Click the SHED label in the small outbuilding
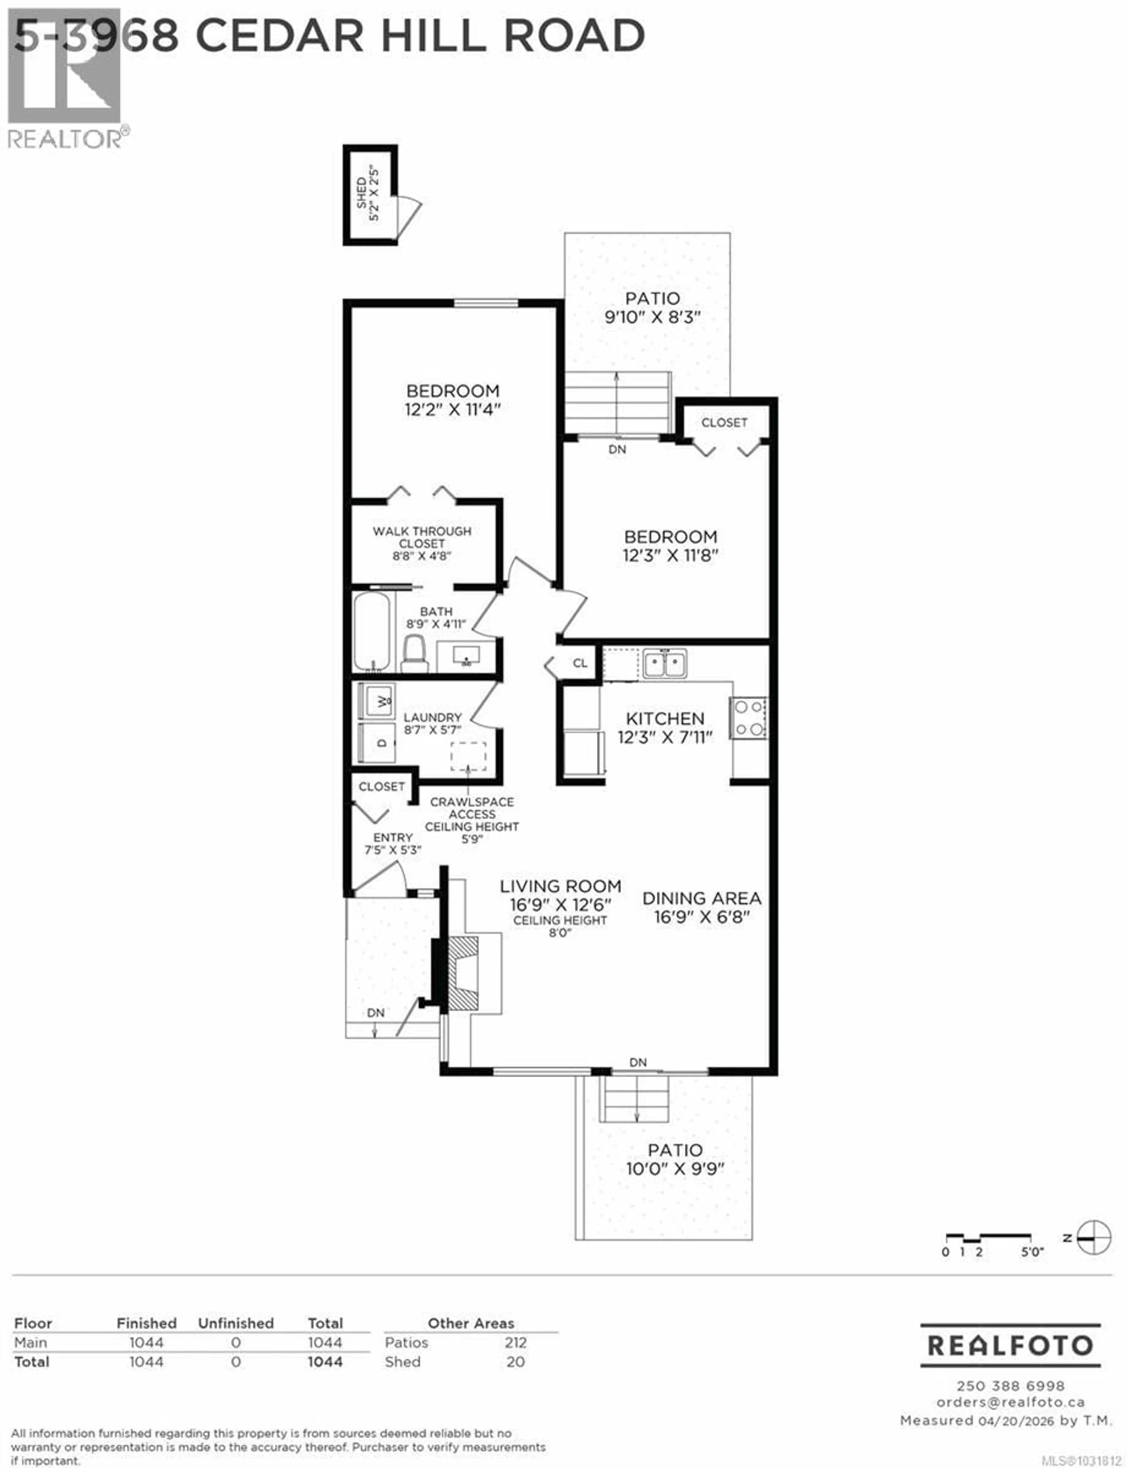click(362, 193)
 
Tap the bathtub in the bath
click(372, 630)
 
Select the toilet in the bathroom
click(415, 654)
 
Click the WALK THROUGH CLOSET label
click(422, 537)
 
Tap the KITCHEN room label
click(665, 718)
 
